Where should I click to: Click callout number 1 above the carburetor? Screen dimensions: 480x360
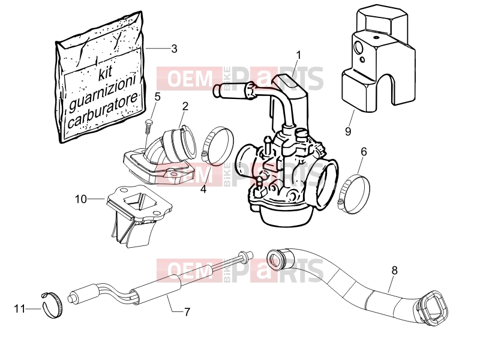tap(298, 55)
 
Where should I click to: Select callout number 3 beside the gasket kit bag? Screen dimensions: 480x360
tap(174, 49)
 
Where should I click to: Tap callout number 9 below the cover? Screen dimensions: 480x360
tap(348, 131)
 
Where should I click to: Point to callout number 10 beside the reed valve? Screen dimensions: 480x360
tap(81, 199)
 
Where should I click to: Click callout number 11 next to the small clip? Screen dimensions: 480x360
tap(19, 309)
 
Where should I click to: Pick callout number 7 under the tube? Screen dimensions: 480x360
tap(187, 312)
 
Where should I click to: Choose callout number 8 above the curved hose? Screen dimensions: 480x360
tap(395, 271)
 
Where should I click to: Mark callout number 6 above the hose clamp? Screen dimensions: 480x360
tap(364, 152)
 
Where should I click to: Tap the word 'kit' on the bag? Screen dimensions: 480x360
tap(106, 74)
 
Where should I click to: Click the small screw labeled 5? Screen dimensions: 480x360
tap(148, 126)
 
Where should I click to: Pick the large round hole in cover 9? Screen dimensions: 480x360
tap(358, 48)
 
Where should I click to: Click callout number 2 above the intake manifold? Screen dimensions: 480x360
tap(185, 106)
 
